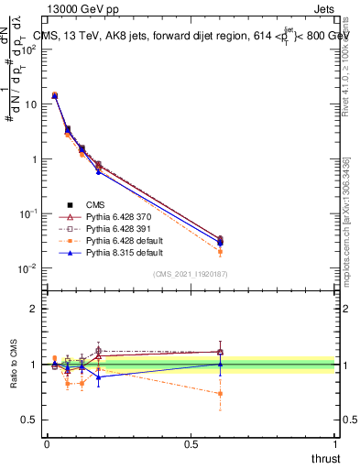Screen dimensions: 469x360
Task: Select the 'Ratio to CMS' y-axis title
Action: point(15,365)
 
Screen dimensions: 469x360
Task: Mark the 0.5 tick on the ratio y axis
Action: point(32,420)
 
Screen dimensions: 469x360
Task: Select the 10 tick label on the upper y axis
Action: point(32,104)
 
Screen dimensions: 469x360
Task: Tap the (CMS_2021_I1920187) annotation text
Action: point(191,274)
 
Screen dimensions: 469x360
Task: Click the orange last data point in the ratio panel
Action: point(220,394)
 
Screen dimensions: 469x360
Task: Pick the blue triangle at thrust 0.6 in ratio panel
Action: point(220,364)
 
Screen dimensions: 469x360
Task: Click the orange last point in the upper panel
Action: point(220,252)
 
